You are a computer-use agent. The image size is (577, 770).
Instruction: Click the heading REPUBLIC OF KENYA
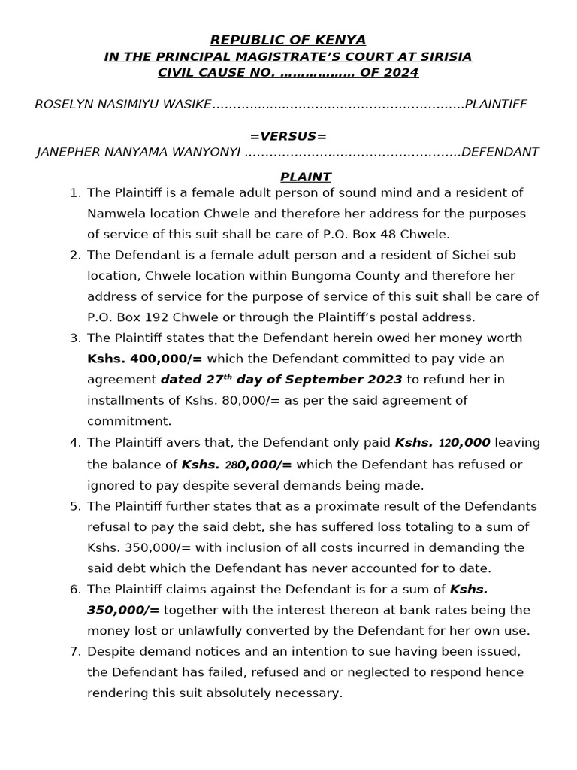pyautogui.click(x=288, y=40)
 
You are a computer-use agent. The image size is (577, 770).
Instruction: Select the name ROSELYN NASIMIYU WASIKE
pyautogui.click(x=123, y=104)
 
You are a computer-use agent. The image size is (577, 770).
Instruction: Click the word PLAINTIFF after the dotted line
pyautogui.click(x=496, y=104)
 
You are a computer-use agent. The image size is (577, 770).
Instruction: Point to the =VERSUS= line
pyautogui.click(x=288, y=136)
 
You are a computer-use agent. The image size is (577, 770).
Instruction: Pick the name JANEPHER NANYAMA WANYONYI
pyautogui.click(x=138, y=152)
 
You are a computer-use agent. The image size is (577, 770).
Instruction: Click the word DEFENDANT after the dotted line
pyautogui.click(x=500, y=152)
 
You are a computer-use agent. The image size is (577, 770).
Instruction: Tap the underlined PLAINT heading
pyautogui.click(x=306, y=177)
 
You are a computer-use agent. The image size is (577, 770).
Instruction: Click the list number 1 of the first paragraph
pyautogui.click(x=74, y=193)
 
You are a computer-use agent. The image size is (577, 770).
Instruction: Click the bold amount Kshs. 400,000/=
pyautogui.click(x=145, y=359)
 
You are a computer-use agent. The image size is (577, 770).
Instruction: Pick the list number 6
pyautogui.click(x=74, y=590)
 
